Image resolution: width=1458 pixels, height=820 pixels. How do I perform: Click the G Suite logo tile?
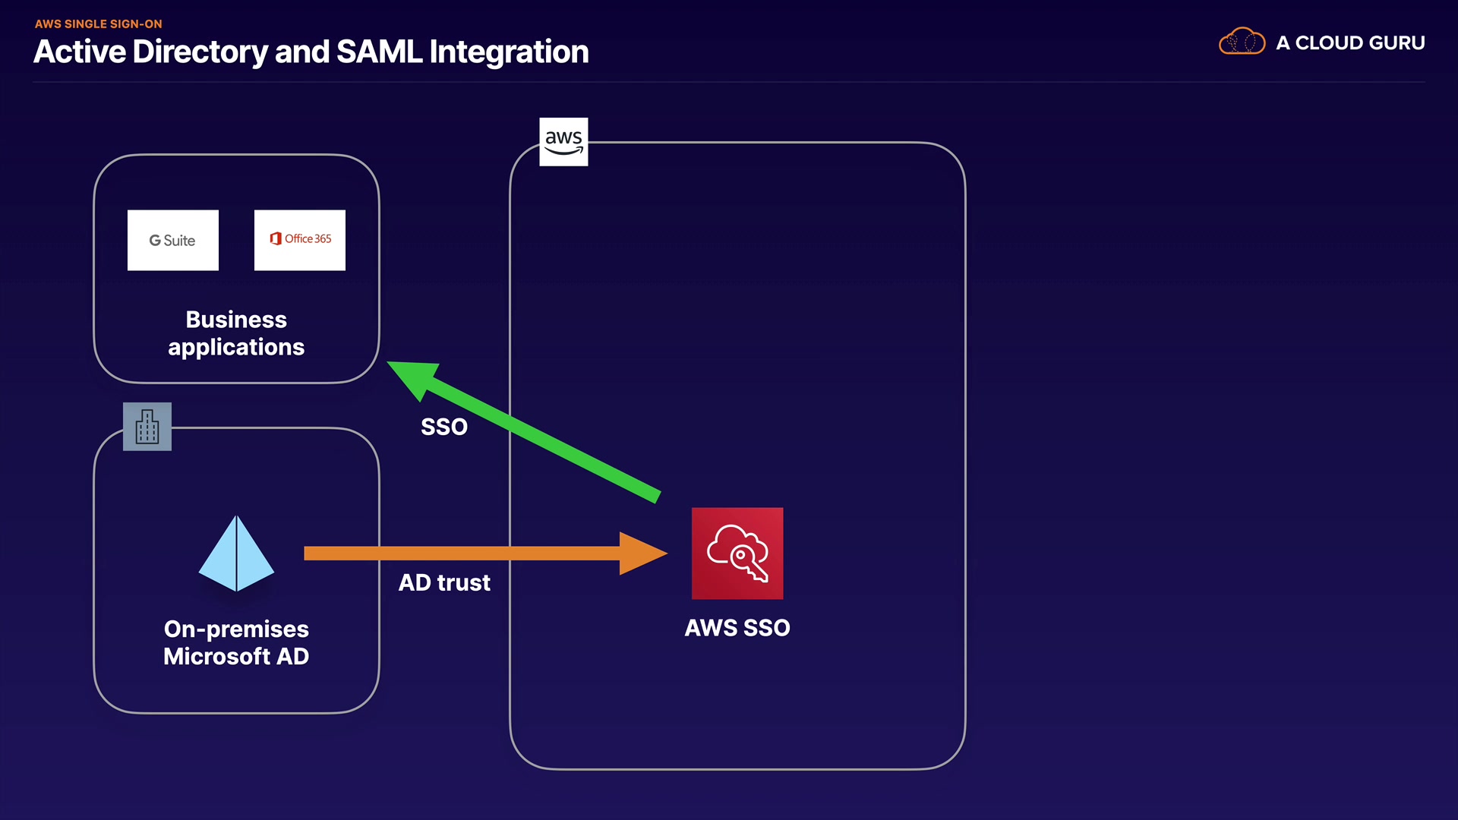click(x=173, y=240)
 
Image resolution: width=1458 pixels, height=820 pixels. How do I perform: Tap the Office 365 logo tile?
click(x=299, y=240)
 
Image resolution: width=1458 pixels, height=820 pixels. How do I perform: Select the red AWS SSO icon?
click(x=737, y=553)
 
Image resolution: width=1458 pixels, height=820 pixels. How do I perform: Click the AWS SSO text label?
click(x=737, y=628)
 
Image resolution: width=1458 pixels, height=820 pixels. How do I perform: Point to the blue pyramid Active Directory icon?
click(x=236, y=553)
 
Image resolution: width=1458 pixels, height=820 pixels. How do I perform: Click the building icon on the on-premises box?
click(x=147, y=427)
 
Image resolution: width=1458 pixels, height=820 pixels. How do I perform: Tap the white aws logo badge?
click(x=563, y=141)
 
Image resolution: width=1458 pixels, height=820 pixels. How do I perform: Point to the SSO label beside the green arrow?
click(x=444, y=427)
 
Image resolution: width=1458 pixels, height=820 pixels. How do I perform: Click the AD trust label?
click(x=444, y=582)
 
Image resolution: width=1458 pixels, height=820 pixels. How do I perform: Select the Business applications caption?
click(x=236, y=333)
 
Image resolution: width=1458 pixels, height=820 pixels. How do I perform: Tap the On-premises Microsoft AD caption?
click(x=236, y=642)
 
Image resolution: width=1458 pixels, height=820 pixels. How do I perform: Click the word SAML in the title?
click(x=379, y=52)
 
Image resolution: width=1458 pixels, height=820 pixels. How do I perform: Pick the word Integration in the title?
click(x=509, y=52)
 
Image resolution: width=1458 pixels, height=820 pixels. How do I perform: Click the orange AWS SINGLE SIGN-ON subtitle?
click(x=98, y=24)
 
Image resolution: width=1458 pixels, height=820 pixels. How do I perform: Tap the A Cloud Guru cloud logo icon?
click(x=1242, y=42)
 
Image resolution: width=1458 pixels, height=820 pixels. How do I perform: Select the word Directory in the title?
click(x=200, y=52)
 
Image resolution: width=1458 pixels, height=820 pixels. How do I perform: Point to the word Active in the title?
click(x=80, y=52)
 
